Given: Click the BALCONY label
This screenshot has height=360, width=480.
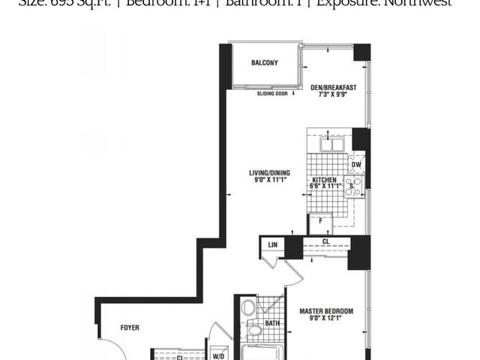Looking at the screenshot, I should [265, 63].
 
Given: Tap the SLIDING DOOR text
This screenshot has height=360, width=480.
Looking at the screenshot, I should [271, 94].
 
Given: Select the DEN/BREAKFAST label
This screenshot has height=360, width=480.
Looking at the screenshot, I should [333, 88].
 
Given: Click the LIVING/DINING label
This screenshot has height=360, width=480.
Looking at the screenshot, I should [268, 174].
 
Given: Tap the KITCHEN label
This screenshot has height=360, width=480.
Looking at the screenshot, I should [325, 180].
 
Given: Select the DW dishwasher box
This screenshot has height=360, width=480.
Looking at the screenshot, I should [357, 165].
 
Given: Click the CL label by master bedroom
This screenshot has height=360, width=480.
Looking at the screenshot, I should [325, 241].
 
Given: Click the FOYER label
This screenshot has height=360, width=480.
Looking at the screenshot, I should [130, 328].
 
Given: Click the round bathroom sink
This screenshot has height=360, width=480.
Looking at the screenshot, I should [254, 330].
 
